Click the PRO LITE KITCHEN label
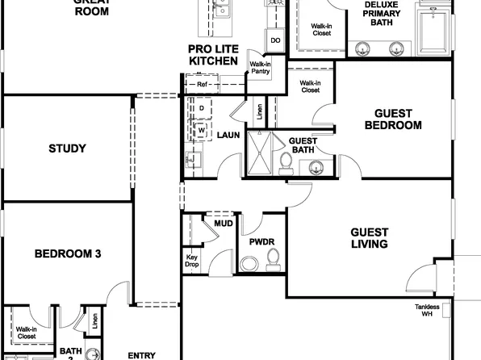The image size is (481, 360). [x=212, y=55]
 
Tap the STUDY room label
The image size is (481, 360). [x=67, y=149]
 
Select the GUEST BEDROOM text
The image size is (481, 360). [x=393, y=119]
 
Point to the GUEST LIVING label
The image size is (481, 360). [x=369, y=237]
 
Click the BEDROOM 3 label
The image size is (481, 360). [x=67, y=253]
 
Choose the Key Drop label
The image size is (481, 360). [x=192, y=261]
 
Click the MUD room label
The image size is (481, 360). [x=223, y=224]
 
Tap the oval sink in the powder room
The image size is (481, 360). [x=249, y=263]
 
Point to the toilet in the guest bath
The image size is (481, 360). [x=284, y=165]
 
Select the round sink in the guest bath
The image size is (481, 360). [x=316, y=167]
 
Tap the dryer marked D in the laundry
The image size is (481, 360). [x=201, y=108]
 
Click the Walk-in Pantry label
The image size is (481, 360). [x=260, y=68]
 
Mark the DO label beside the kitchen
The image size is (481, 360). [x=275, y=40]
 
